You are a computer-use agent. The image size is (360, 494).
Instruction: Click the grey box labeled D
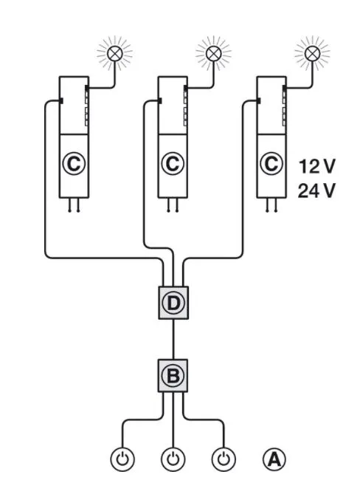pos(173,303)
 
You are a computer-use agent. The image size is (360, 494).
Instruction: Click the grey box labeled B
pos(173,376)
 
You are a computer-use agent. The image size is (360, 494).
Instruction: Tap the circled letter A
pos(274,459)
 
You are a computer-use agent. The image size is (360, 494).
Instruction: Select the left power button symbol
pos(122,459)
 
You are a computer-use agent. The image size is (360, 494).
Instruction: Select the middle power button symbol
pos(173,459)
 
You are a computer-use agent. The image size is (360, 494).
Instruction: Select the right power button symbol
pos(224,459)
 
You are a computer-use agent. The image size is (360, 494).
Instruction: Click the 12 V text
pos(316,166)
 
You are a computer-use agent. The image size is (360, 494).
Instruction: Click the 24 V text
pos(316,191)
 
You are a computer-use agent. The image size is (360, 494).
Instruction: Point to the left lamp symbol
pos(115,54)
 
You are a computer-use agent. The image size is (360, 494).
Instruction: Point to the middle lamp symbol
pos(214,54)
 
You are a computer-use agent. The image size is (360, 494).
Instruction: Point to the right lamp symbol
pos(313,54)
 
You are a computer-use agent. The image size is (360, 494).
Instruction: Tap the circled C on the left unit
pos(74,163)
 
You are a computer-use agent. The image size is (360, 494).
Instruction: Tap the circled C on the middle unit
pos(173,163)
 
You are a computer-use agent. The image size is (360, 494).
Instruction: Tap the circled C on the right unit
pos(271,163)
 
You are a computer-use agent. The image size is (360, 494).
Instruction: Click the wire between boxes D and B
pos(173,340)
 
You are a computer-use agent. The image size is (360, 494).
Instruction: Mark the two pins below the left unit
pos(74,205)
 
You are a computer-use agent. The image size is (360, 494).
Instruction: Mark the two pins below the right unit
pos(271,205)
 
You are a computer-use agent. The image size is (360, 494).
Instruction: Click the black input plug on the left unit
pos(61,100)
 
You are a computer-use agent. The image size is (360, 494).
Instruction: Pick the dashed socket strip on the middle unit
pos(186,106)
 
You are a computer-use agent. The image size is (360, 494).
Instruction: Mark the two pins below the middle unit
pos(173,205)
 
